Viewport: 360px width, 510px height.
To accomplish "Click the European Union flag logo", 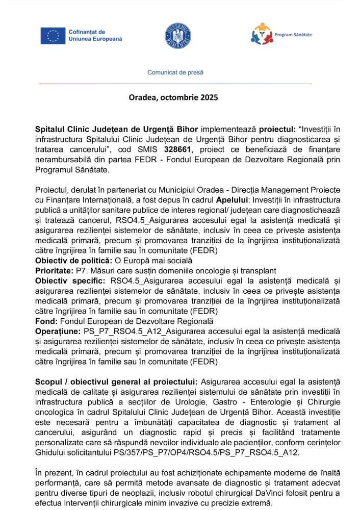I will (x=53, y=35).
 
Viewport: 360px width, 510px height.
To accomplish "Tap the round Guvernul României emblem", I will (x=178, y=35).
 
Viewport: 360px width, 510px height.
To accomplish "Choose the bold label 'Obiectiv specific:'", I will (x=70, y=280).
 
